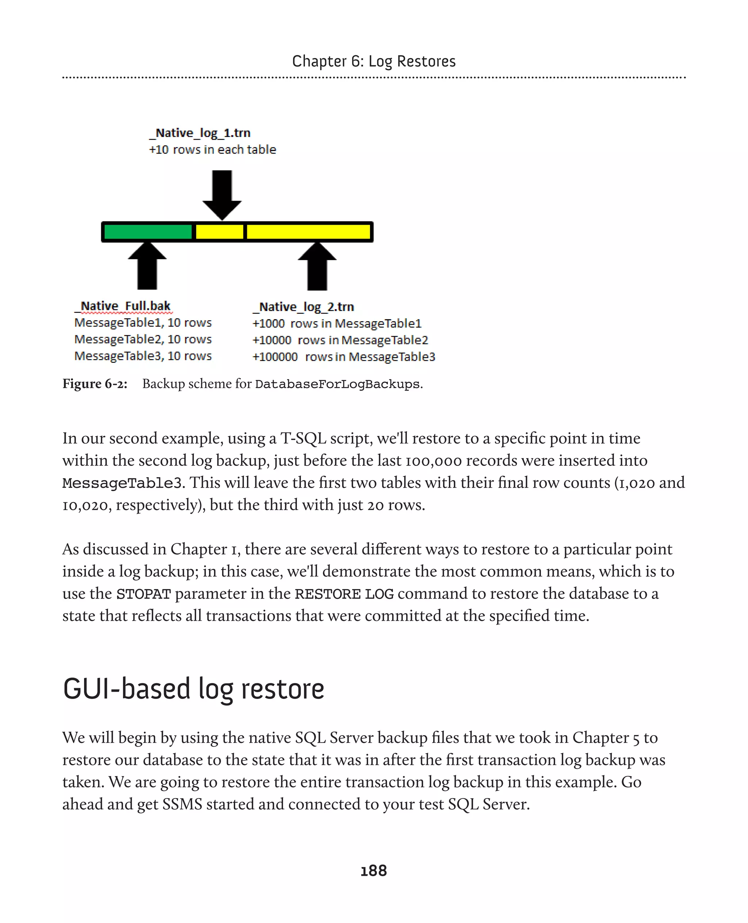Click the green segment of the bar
(x=148, y=232)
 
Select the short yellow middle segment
(x=219, y=232)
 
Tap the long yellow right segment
(x=308, y=232)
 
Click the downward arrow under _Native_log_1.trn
(x=222, y=194)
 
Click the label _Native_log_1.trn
(x=200, y=133)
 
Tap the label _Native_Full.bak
(x=123, y=306)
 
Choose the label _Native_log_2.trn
(x=304, y=307)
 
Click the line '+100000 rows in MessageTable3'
(x=343, y=357)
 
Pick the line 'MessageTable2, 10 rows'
(x=143, y=339)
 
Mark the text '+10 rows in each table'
(x=213, y=149)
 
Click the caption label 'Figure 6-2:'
(x=95, y=384)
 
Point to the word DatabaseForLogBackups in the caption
(x=337, y=384)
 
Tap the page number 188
(x=374, y=870)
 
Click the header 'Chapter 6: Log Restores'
(x=374, y=61)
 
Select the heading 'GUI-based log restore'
(x=194, y=688)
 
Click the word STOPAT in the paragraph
(x=144, y=594)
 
